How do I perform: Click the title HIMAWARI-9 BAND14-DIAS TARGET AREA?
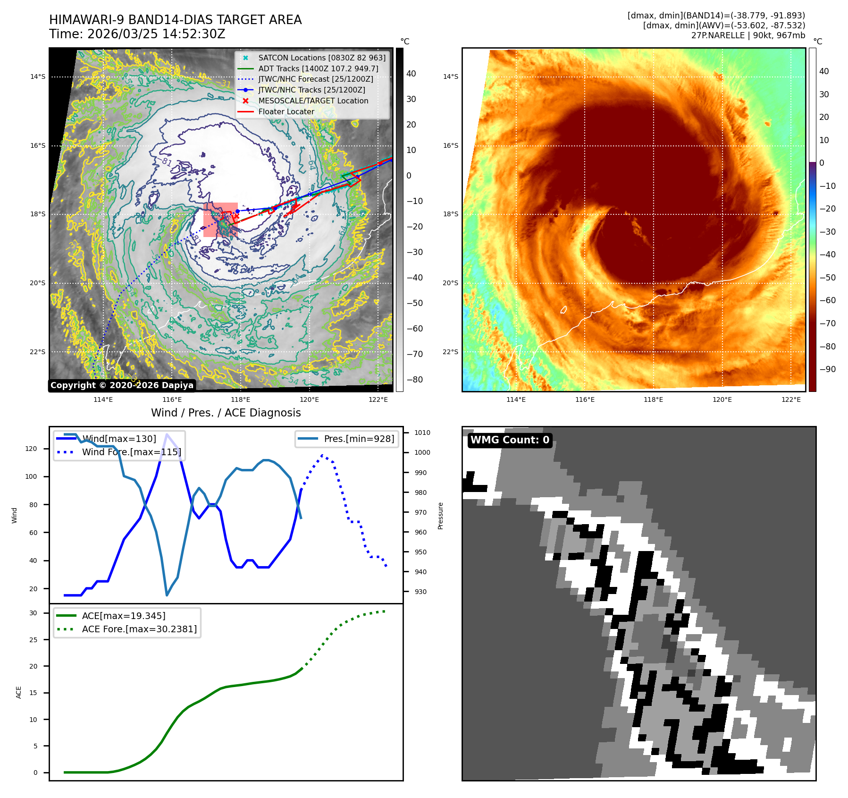point(175,20)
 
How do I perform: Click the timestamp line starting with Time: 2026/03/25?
point(137,34)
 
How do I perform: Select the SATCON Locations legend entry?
point(321,58)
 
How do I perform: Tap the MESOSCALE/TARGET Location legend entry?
point(313,101)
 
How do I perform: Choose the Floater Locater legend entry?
point(286,111)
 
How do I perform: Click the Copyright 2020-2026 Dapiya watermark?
point(122,385)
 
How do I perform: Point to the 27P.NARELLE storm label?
point(748,35)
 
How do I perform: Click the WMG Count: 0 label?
point(510,440)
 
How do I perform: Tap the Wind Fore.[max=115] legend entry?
point(131,452)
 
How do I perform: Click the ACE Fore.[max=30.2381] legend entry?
point(139,629)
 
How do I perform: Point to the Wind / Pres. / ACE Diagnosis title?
point(226,413)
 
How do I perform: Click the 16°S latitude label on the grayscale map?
point(38,145)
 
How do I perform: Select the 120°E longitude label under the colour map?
point(722,399)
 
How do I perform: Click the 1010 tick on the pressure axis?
point(422,433)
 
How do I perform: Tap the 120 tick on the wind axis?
point(31,449)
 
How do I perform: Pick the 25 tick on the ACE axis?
point(33,640)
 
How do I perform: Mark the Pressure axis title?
point(440,516)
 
